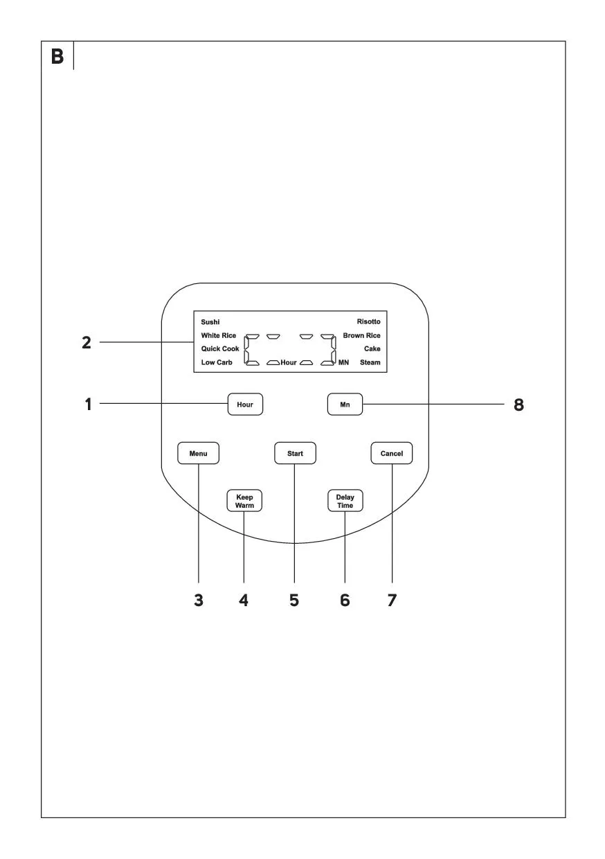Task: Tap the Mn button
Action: [x=345, y=404]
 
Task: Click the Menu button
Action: [x=198, y=453]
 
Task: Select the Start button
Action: [x=295, y=453]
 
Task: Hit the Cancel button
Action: [x=392, y=453]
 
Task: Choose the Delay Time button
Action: [x=345, y=501]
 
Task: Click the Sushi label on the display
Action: [x=210, y=321]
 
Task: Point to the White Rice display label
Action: [x=219, y=335]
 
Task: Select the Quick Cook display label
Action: [x=220, y=348]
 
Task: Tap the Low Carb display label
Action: [x=217, y=362]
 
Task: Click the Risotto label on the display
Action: [x=368, y=321]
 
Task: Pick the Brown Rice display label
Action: [x=362, y=335]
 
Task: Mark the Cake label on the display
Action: [x=372, y=348]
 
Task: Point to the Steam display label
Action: [x=370, y=362]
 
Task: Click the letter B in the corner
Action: [x=57, y=56]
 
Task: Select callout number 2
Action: [x=87, y=342]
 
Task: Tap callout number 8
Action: [x=518, y=405]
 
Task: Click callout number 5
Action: [x=294, y=600]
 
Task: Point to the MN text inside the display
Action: [x=344, y=362]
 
